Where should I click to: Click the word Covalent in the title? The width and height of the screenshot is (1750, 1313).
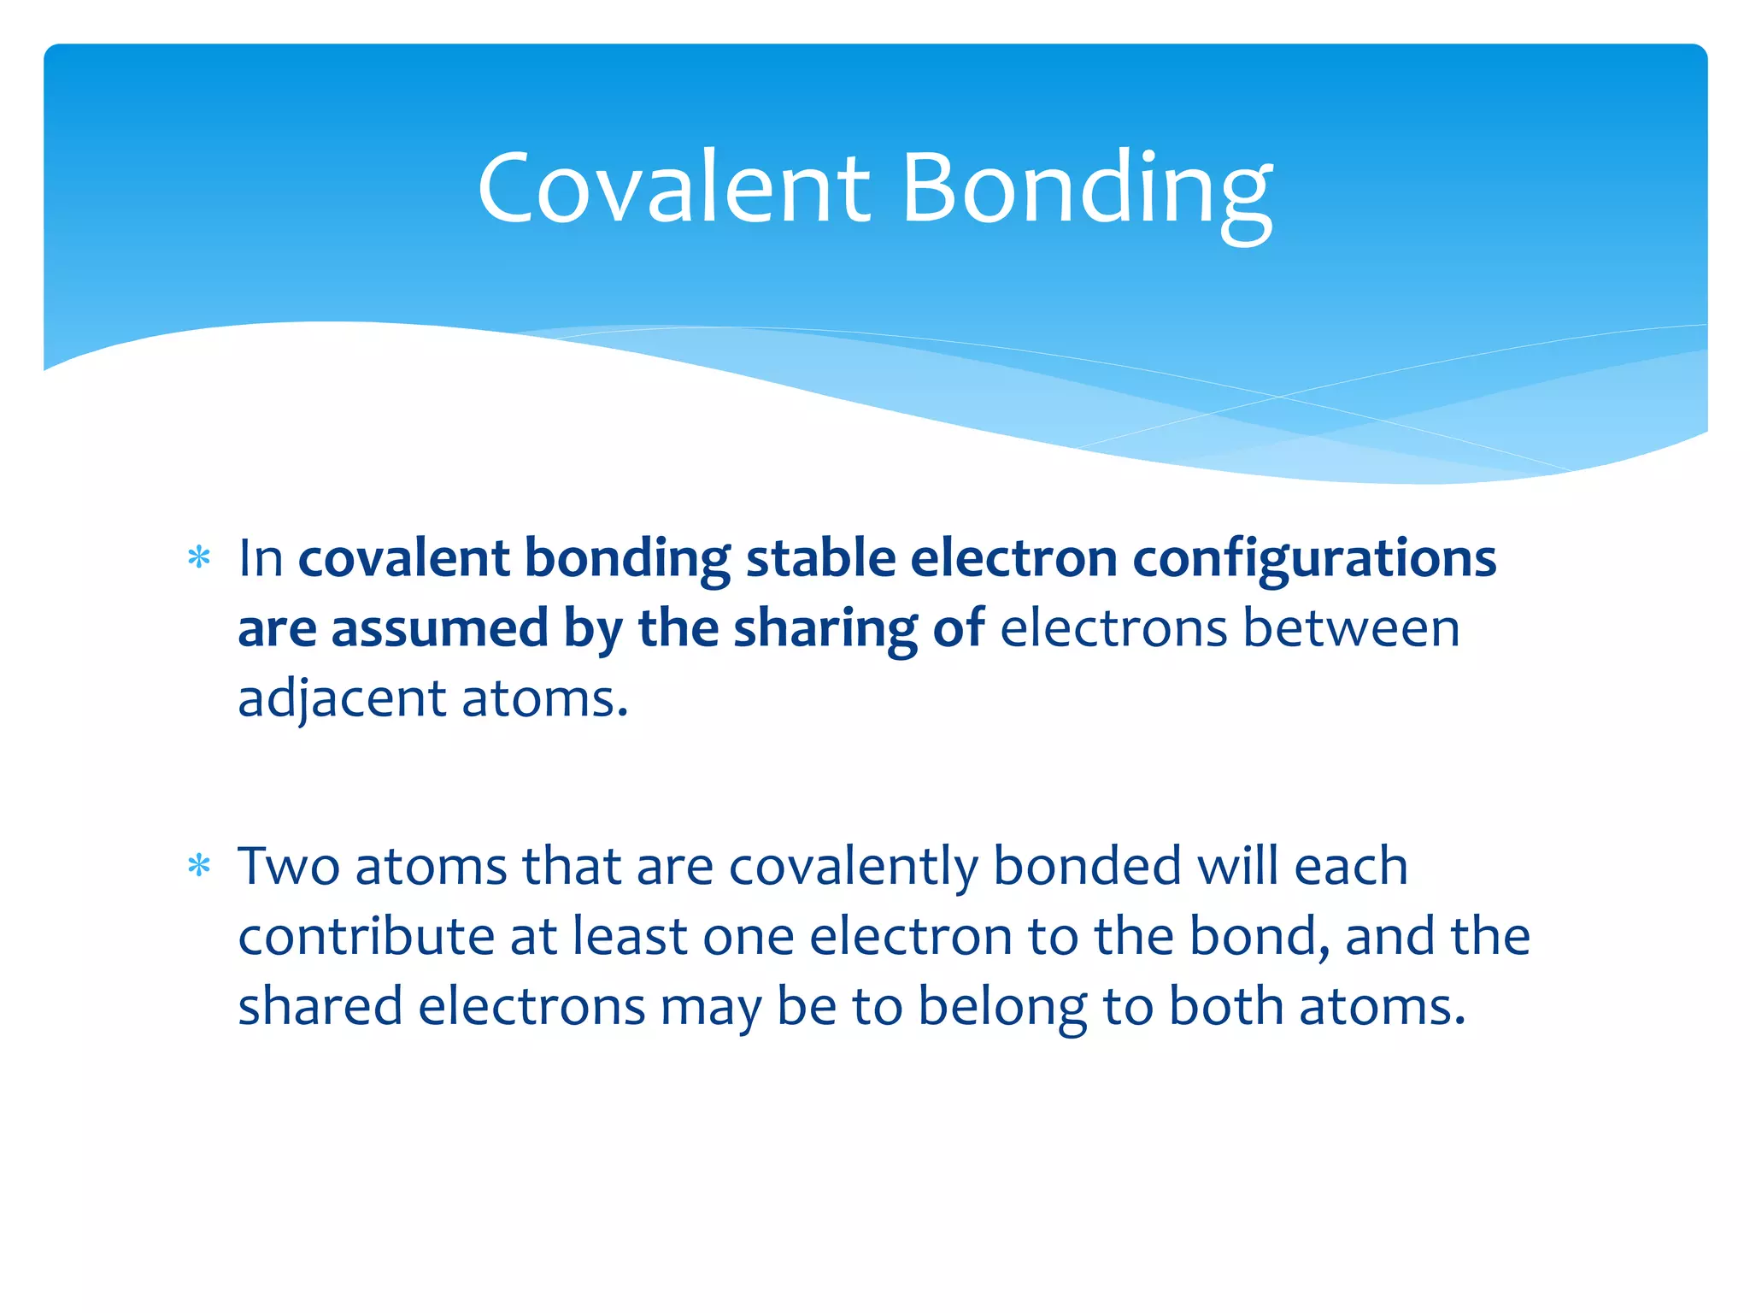coord(673,188)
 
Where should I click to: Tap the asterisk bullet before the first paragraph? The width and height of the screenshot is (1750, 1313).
coord(199,559)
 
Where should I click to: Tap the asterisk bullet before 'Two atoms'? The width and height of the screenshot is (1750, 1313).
coord(199,867)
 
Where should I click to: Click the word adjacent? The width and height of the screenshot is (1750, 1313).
coord(342,699)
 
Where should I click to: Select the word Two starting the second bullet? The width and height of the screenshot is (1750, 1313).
coord(289,867)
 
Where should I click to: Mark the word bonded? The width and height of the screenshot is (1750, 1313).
coord(1087,867)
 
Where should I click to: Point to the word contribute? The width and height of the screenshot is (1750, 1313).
coord(367,937)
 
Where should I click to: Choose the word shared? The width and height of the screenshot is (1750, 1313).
coord(320,1007)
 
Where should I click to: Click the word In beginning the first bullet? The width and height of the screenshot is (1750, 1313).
coord(261,559)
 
